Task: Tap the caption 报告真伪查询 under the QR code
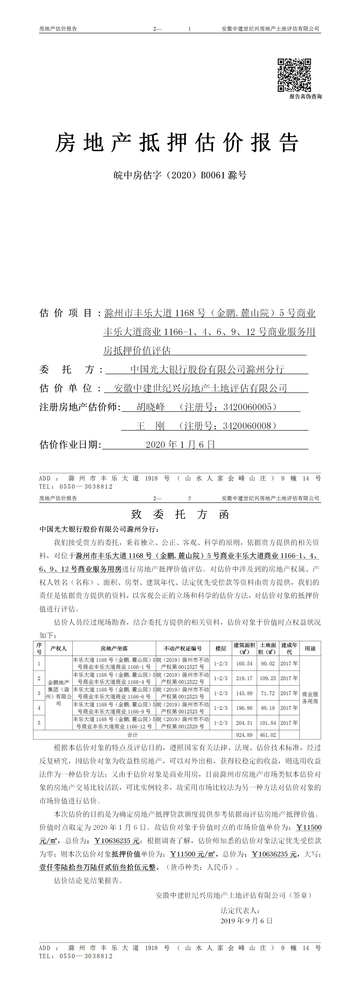click(x=305, y=97)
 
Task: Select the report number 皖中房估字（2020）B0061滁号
click(x=180, y=175)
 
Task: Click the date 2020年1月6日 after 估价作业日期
click(x=180, y=445)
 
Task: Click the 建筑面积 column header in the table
click(x=244, y=648)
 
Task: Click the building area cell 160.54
click(x=244, y=664)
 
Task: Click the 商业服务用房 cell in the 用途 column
click(x=310, y=698)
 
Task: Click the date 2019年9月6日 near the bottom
click(x=247, y=921)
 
